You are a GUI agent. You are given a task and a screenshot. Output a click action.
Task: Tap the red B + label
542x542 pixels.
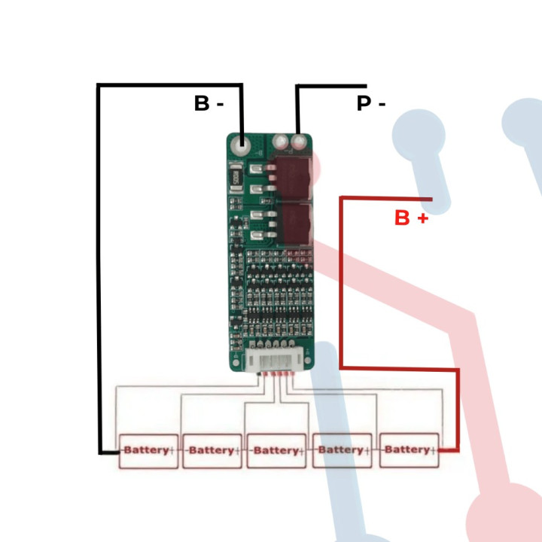pos(412,218)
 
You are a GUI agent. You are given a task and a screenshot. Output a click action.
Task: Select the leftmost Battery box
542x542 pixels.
pos(148,450)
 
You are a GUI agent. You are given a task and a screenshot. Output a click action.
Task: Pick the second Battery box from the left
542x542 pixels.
pos(212,450)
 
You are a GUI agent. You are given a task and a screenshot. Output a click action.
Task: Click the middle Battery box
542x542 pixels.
pos(276,450)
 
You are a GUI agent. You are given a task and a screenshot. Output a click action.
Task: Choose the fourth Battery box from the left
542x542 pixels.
pos(342,450)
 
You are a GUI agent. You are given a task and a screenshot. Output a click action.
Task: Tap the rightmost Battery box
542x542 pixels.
pos(409,449)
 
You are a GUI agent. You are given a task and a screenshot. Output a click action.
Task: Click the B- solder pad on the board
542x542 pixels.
pos(242,142)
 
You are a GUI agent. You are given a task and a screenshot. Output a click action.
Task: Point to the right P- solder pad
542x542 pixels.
pos(300,142)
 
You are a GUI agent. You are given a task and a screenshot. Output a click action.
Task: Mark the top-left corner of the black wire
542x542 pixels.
pos(99,85)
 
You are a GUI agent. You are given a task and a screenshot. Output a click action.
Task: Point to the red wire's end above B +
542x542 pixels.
pos(431,198)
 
